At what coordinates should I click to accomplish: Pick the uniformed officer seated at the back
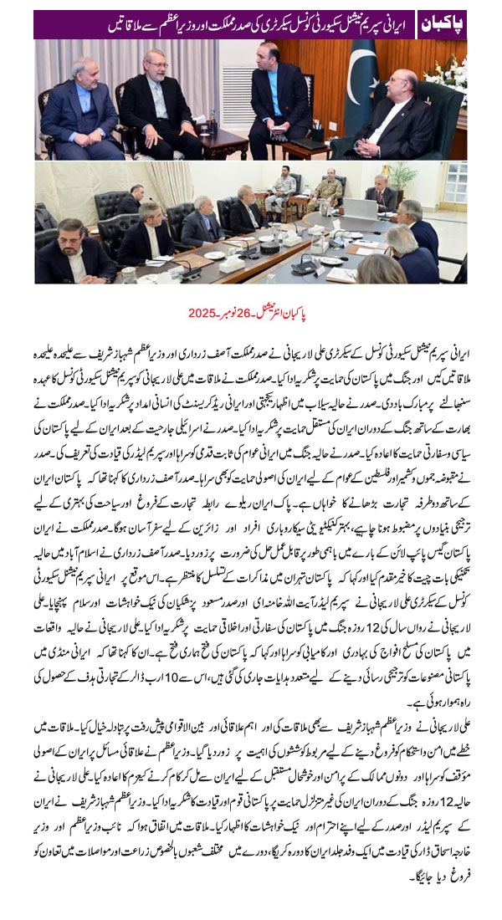[x=330, y=191]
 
